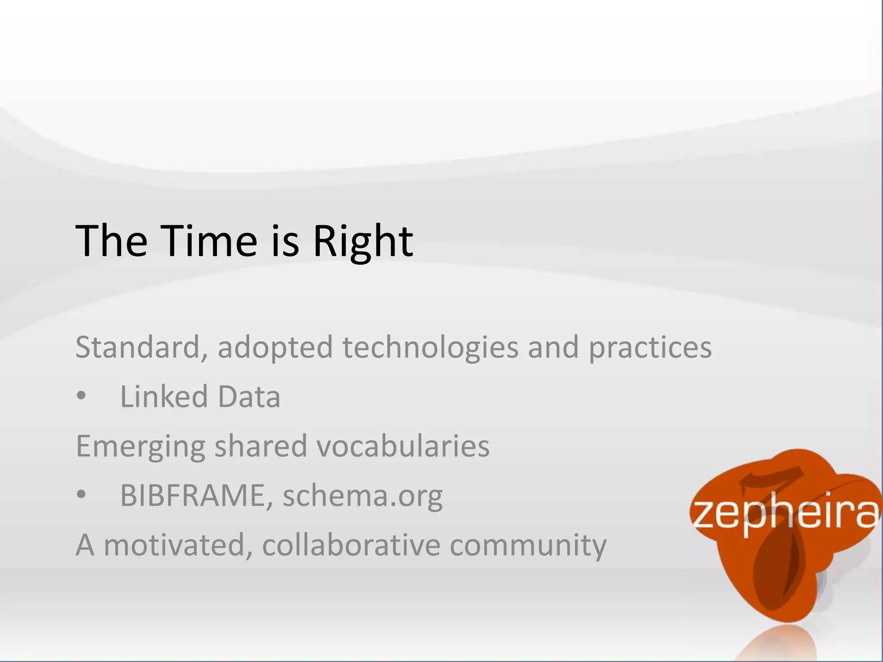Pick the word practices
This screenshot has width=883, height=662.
click(650, 347)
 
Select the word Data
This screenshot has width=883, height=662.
click(249, 397)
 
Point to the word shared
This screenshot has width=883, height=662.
click(260, 446)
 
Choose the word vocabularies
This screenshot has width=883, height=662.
click(403, 446)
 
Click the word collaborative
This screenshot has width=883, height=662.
click(351, 545)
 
